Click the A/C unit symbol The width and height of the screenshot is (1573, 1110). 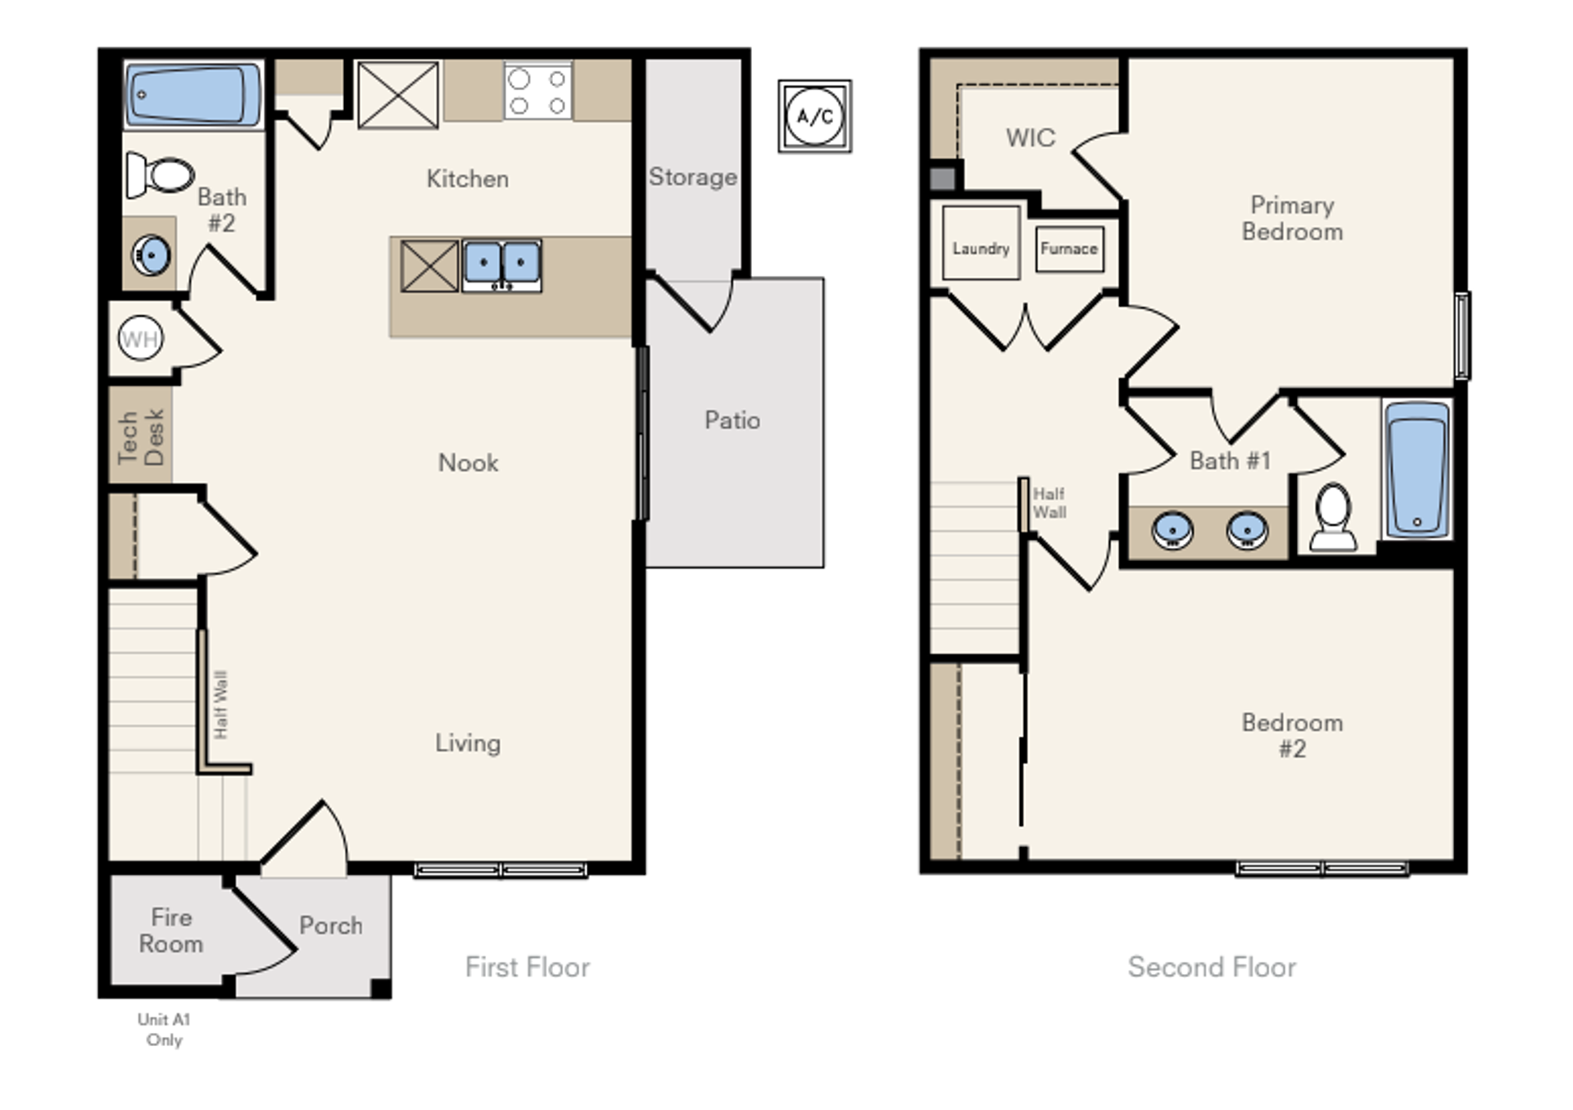pyautogui.click(x=814, y=116)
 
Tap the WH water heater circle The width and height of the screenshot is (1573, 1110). pyautogui.click(x=140, y=338)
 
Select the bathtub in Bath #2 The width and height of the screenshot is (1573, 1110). pyautogui.click(x=194, y=95)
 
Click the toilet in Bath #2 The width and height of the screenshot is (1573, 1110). pyautogui.click(x=160, y=174)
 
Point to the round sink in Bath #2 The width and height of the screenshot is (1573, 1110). pyautogui.click(x=152, y=255)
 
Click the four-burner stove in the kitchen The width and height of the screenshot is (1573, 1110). pyautogui.click(x=537, y=91)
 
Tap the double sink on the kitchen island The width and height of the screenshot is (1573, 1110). pyautogui.click(x=501, y=265)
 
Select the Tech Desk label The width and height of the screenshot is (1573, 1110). pyautogui.click(x=141, y=437)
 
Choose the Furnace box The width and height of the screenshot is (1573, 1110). pyautogui.click(x=1069, y=248)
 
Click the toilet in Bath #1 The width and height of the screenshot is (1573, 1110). pyautogui.click(x=1333, y=517)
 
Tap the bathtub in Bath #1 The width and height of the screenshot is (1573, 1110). pyautogui.click(x=1417, y=469)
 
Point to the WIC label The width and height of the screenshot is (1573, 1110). pyautogui.click(x=1031, y=138)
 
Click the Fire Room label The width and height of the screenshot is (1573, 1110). pyautogui.click(x=171, y=931)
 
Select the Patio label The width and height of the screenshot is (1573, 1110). pyautogui.click(x=732, y=420)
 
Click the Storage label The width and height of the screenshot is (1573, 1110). pyautogui.click(x=693, y=177)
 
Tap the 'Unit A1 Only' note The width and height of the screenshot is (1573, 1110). pyautogui.click(x=164, y=1030)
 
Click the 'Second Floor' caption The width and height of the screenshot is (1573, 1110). pyautogui.click(x=1212, y=967)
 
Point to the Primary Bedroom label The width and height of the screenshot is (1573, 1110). pyautogui.click(x=1292, y=218)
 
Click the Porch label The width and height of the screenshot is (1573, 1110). pyautogui.click(x=331, y=926)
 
